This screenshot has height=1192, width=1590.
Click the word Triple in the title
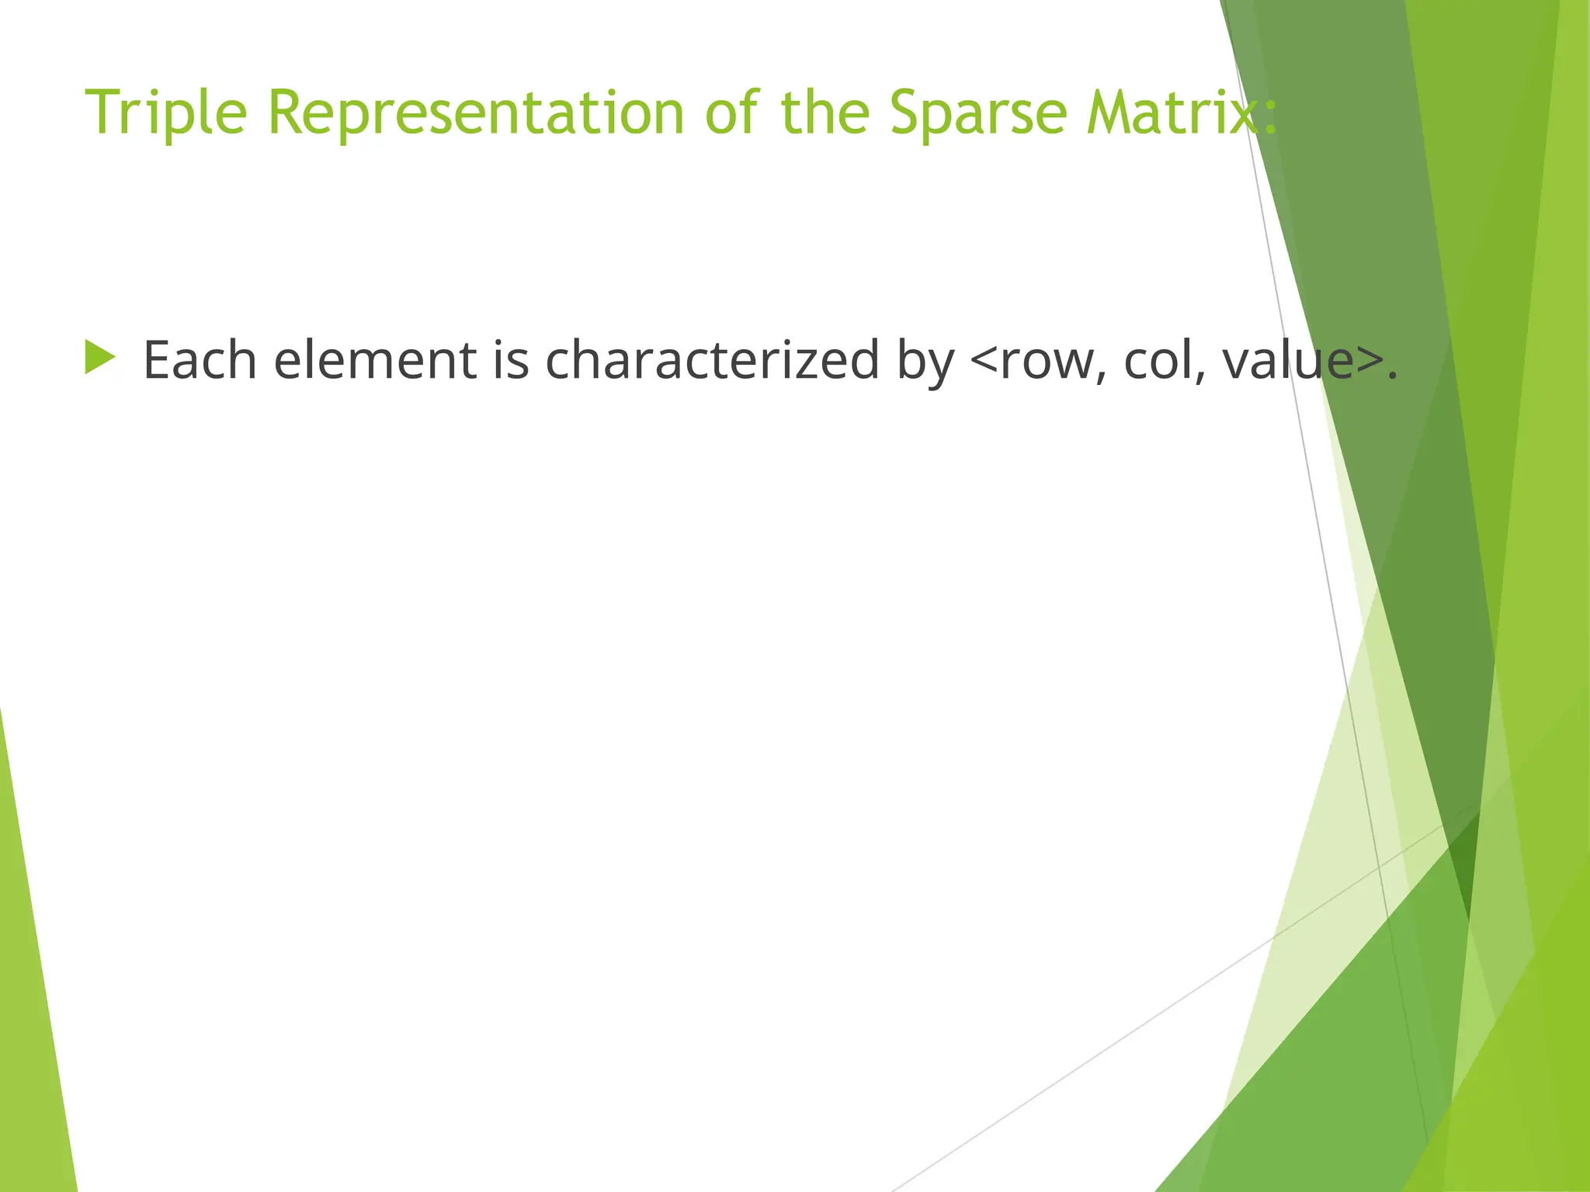(165, 113)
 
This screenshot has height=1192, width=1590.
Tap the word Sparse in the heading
(977, 113)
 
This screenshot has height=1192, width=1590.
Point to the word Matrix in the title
(1172, 113)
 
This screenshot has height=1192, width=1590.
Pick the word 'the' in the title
(825, 113)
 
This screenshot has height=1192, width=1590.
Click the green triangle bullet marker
(99, 358)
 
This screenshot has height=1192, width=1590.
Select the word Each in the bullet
(200, 361)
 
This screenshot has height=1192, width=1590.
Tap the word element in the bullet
(375, 361)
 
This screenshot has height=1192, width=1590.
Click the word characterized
(712, 361)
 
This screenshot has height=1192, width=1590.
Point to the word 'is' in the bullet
(511, 361)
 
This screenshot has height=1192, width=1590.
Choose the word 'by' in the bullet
(925, 365)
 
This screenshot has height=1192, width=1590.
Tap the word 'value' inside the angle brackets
(1289, 361)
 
